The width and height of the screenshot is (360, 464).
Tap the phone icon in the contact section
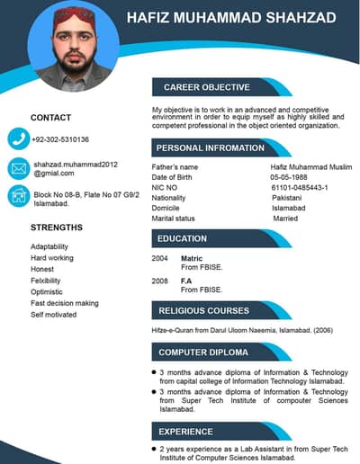click(19, 138)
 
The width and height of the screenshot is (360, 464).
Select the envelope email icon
click(19, 168)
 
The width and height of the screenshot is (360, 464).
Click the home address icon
click(19, 196)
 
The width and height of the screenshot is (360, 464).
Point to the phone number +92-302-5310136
click(60, 139)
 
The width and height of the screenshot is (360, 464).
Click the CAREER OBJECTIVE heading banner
click(206, 87)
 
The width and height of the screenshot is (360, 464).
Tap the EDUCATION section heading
click(183, 238)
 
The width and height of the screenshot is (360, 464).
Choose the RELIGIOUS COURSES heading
click(204, 311)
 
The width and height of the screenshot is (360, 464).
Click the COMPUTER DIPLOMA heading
click(203, 352)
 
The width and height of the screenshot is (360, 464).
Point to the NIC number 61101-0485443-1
click(299, 187)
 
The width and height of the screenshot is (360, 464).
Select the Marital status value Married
click(285, 219)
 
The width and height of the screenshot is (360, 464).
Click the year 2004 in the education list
click(160, 258)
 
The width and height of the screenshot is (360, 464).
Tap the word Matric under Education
click(191, 258)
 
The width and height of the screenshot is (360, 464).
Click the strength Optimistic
click(47, 292)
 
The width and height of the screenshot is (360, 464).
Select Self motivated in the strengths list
click(53, 315)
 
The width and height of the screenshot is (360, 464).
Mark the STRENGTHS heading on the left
click(56, 228)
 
